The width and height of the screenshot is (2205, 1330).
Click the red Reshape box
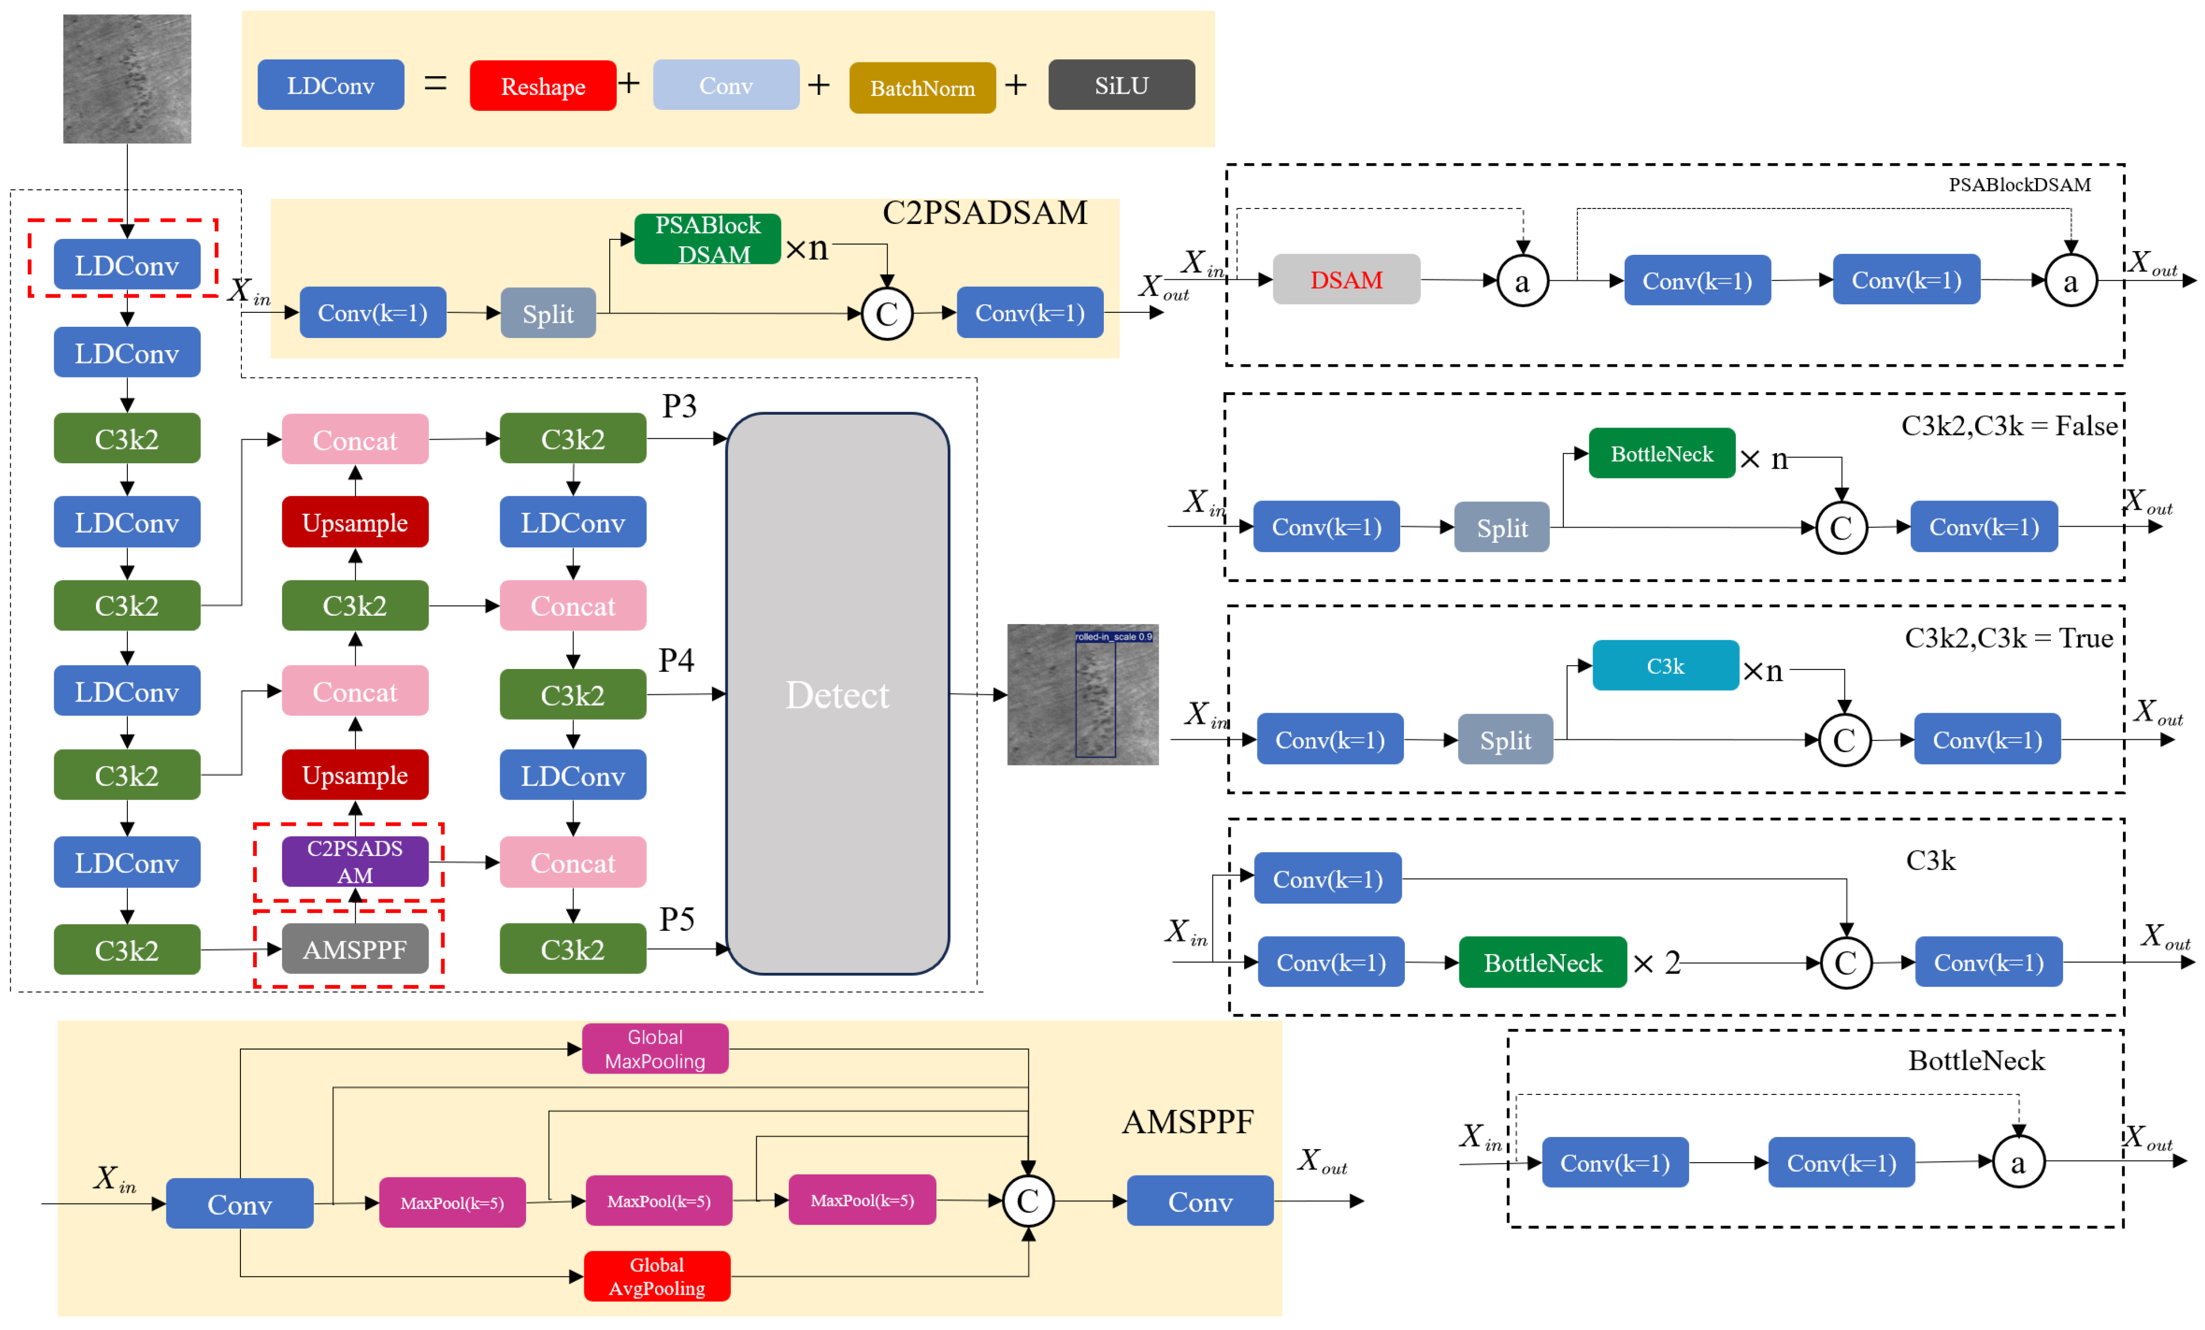point(542,86)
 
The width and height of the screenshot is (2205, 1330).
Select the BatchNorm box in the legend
point(922,88)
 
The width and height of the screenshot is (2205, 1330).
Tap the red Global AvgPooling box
point(656,1276)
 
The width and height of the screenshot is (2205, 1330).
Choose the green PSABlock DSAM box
point(707,239)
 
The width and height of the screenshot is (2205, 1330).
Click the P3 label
point(679,406)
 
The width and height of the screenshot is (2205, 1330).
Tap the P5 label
point(676,919)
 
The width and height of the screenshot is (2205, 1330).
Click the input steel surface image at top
point(126,79)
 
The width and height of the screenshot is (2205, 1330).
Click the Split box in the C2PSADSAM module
point(548,313)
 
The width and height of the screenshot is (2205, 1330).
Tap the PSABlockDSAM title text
point(2019,184)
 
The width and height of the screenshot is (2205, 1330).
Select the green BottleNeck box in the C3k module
point(1542,962)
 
